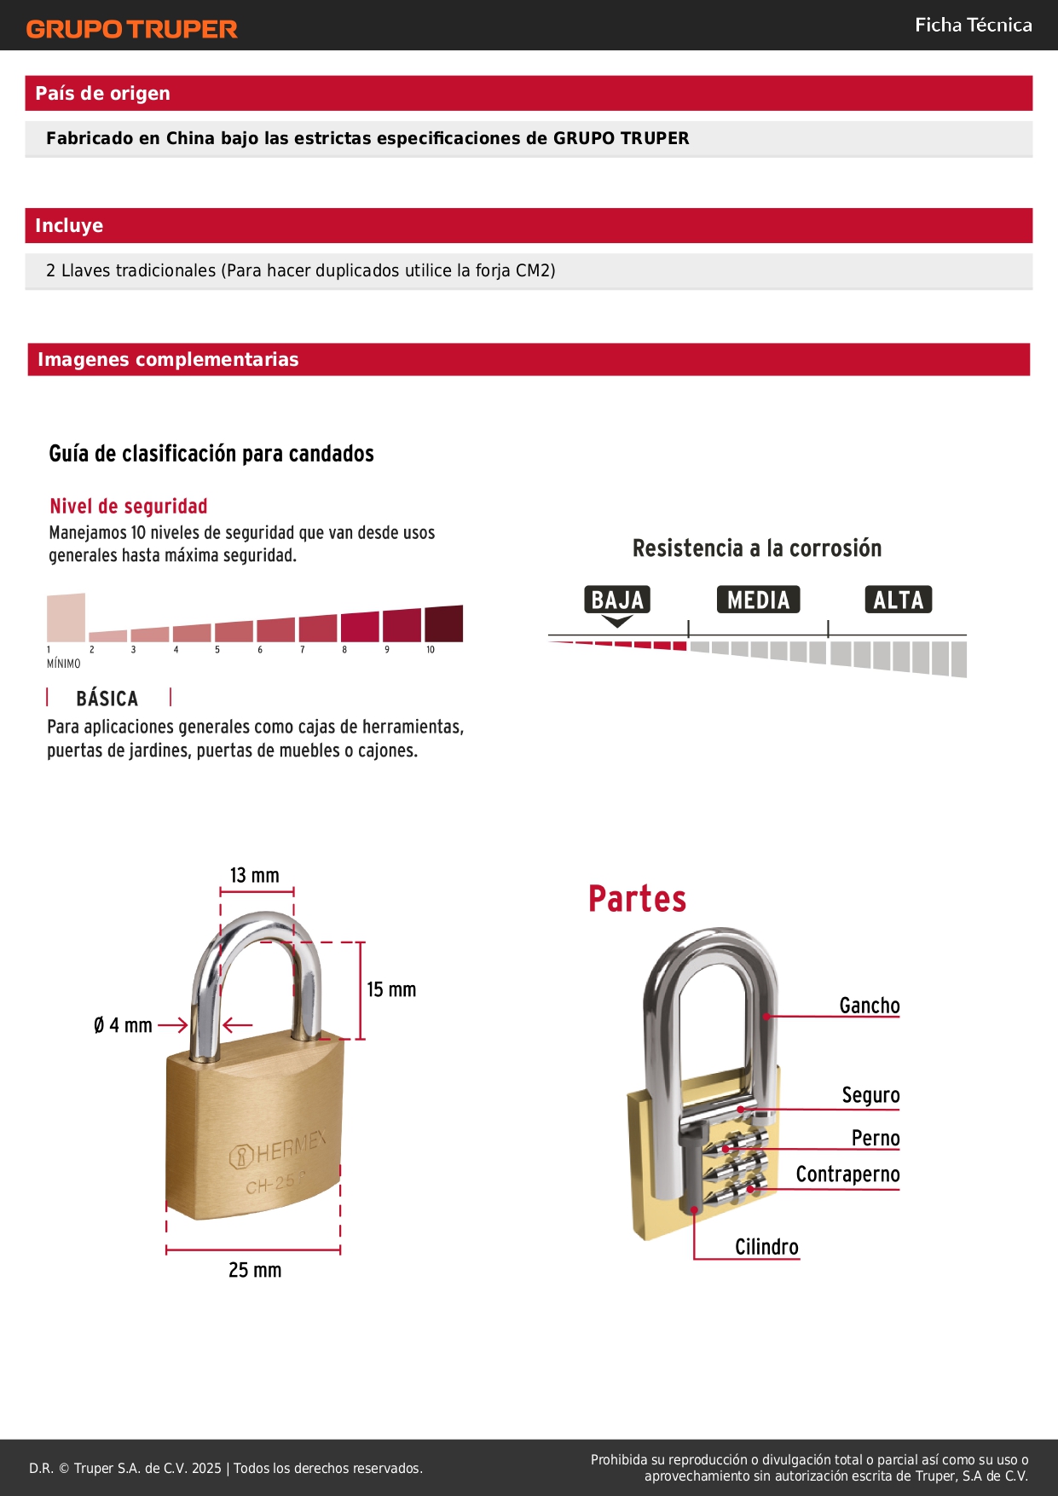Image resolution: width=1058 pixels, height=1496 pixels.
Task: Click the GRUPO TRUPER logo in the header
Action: point(131,29)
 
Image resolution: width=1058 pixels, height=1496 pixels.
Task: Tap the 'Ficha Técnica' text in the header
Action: point(973,26)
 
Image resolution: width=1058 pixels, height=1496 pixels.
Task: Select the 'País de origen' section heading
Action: point(102,93)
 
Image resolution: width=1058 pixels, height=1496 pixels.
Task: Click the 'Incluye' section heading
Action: point(69,225)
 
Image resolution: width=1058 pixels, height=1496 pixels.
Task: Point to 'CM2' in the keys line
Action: point(535,270)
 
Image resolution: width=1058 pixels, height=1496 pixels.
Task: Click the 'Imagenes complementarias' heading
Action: point(168,359)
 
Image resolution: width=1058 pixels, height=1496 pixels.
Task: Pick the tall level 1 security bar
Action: point(66,618)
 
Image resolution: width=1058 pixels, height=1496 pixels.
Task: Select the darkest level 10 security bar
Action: point(443,623)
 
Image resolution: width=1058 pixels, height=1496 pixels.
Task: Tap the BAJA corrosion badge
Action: point(617,600)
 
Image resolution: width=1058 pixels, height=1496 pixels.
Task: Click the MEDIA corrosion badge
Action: point(758,600)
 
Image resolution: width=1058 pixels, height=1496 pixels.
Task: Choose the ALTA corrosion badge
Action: point(898,600)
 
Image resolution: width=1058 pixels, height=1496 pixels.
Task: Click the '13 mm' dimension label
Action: point(255,875)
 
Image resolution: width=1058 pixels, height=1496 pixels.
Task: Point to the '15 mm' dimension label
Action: point(391,989)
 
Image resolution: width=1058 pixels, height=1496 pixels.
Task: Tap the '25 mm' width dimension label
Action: point(255,1270)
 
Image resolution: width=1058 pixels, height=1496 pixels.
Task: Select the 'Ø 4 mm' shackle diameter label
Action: point(123,1025)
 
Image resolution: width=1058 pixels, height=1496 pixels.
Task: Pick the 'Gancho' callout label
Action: point(869,1006)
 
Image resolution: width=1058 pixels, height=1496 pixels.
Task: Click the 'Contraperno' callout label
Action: point(847,1174)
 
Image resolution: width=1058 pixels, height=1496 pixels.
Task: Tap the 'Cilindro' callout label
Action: point(766,1247)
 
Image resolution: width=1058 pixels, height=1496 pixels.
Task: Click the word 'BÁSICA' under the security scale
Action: point(107,699)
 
